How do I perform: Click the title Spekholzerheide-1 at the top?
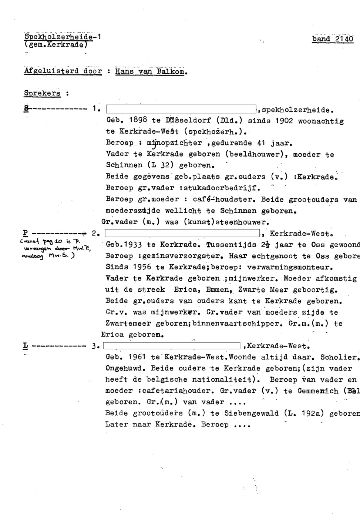[63, 37]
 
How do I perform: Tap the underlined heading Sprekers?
[42, 93]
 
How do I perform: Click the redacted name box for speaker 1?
[181, 109]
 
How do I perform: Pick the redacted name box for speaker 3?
[172, 346]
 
